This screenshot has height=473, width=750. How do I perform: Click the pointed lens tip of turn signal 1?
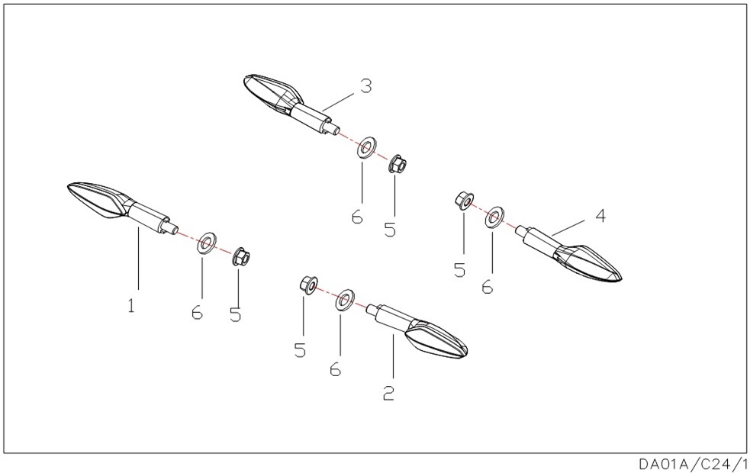coord(68,186)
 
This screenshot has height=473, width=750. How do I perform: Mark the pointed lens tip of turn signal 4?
coord(621,279)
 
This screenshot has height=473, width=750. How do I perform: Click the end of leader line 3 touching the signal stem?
coord(323,111)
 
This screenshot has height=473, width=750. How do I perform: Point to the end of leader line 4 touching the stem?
coord(552,234)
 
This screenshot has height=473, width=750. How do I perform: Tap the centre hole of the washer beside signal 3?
coord(366,147)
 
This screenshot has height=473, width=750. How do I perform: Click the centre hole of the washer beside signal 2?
coord(344,299)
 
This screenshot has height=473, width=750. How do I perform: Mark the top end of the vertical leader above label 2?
coord(393,335)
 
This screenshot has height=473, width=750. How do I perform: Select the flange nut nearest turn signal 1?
coord(241,258)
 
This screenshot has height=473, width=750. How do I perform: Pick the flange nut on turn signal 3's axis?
coord(397,165)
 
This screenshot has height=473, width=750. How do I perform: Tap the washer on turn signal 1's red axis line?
coord(206,243)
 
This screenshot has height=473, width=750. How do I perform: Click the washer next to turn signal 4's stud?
coord(494,217)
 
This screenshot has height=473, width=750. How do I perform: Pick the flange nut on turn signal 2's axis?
coord(307,285)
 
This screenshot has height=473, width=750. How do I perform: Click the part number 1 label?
coord(131,305)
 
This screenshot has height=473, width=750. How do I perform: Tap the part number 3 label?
coord(366,86)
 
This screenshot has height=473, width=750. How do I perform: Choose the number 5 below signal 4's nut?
coord(459,270)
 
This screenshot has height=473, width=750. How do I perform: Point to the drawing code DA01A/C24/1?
coord(693,464)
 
